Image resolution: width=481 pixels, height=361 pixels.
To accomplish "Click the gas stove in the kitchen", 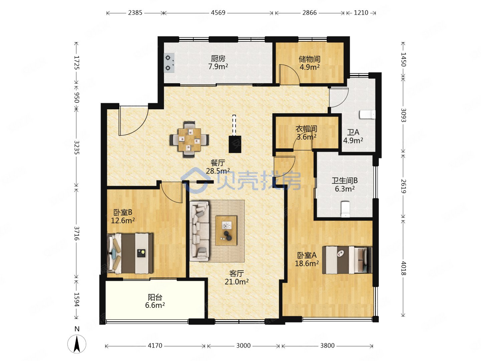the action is point(169,63).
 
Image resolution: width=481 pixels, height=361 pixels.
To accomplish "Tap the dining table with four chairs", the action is point(189,139).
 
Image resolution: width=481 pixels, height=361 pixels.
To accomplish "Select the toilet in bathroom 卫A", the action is point(367,115).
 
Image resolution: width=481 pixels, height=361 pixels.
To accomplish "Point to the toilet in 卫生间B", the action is point(346,209).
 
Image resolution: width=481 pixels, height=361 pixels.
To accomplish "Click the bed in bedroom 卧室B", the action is point(130,253).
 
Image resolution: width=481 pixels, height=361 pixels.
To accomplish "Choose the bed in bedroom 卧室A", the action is point(347,260).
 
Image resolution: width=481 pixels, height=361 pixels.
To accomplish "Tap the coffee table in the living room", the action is point(226,231).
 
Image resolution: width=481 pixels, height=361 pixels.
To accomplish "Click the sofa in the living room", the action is point(199,231).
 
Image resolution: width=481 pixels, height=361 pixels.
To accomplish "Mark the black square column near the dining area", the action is point(235,144).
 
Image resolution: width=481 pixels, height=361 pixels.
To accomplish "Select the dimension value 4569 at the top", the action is point(218,13).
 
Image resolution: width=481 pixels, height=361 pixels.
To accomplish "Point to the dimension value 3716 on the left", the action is point(76,233).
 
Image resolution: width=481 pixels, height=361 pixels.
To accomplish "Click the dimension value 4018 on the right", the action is point(404,268).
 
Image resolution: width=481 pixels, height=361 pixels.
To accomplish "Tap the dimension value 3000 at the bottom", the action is point(243,346).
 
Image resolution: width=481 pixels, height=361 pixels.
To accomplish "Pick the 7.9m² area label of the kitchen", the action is point(218,67).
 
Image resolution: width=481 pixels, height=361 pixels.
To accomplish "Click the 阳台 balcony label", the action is point(155,297).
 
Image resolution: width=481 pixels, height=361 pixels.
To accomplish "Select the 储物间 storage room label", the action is point(309,59).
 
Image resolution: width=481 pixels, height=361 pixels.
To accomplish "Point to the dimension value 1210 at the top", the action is point(361,13).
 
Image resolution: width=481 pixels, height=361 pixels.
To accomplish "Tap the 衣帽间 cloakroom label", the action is point(306,129).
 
